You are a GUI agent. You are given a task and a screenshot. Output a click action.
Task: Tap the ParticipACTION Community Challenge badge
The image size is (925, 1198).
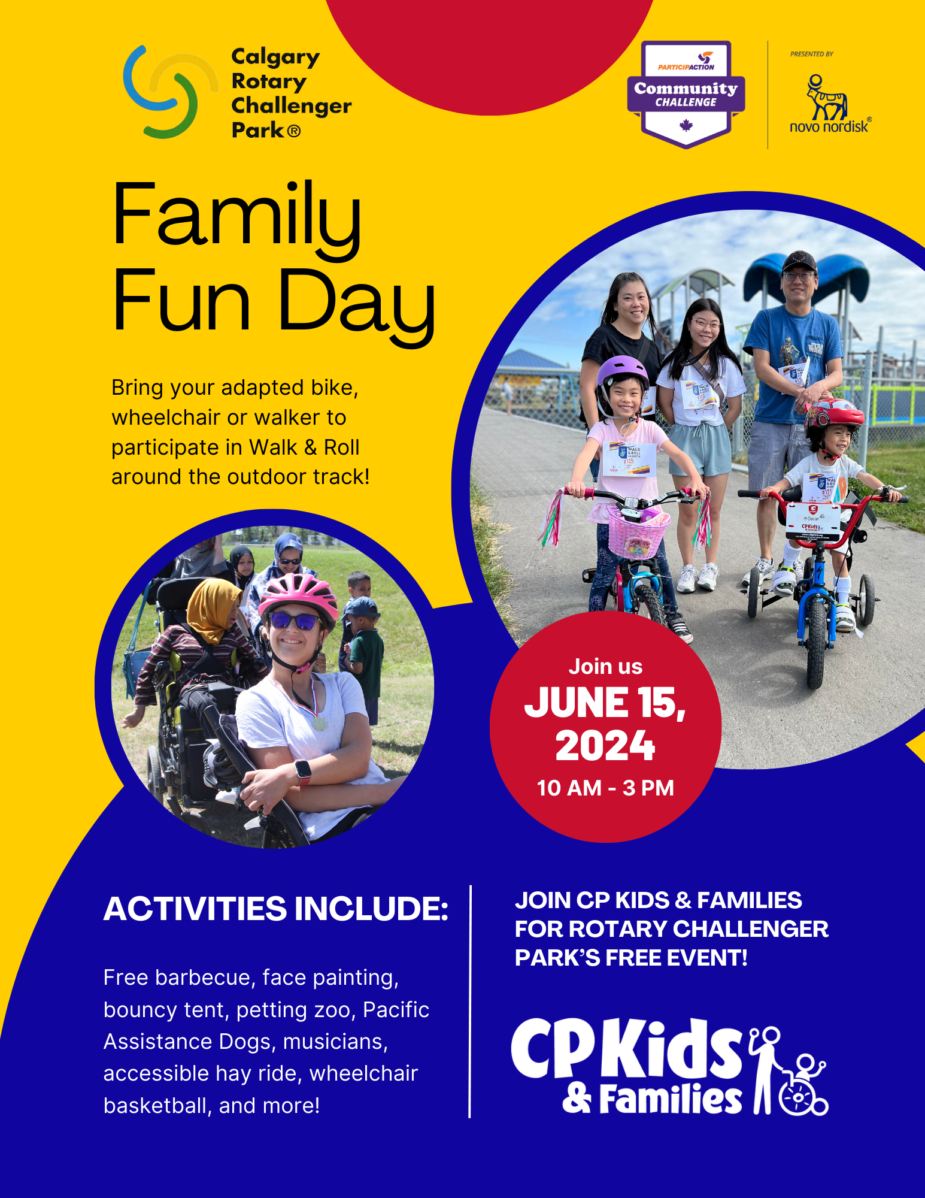[686, 93]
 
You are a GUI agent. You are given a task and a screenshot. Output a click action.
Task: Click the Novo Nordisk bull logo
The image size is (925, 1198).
[826, 99]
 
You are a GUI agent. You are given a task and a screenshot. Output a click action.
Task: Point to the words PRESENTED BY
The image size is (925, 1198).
[811, 54]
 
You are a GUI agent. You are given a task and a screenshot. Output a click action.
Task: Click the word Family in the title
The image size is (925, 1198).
[236, 216]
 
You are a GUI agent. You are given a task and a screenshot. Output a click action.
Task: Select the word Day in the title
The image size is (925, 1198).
[356, 302]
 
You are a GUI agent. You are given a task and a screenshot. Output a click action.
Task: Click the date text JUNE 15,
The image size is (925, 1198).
[605, 702]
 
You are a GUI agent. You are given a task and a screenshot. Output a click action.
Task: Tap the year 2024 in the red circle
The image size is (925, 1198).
[605, 746]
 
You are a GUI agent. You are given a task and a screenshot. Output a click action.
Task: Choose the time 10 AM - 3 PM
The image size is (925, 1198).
[605, 788]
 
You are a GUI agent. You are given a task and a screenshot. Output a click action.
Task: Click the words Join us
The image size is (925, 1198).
[605, 667]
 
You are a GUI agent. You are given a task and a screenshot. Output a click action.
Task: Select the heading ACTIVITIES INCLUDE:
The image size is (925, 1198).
[276, 909]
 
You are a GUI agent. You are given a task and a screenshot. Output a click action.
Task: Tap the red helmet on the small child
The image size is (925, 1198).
[835, 414]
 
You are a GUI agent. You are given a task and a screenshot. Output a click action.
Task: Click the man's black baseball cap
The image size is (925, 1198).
[799, 261]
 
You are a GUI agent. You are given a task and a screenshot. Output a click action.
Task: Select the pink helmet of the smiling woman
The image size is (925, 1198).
[298, 592]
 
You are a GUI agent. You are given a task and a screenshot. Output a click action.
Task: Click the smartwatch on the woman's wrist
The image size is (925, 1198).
[303, 770]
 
